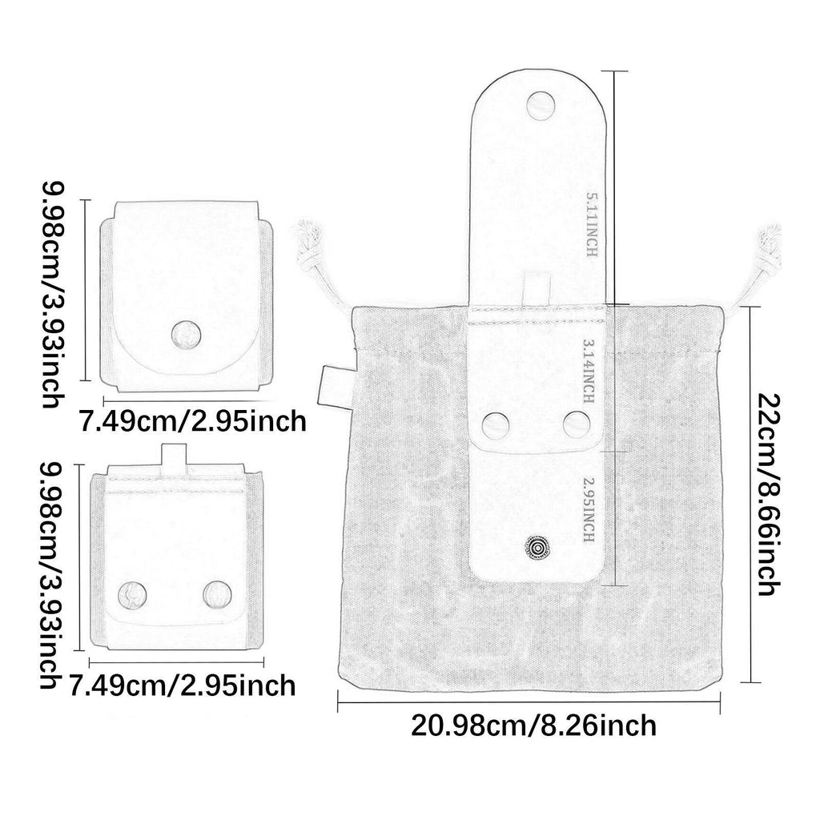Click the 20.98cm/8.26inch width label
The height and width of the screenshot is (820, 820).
[x=533, y=726]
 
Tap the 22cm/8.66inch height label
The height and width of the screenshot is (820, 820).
[x=770, y=495]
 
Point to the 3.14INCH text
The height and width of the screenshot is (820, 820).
[x=589, y=371]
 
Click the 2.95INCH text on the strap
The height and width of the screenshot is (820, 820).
[x=589, y=510]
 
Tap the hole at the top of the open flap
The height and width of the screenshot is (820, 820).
[x=541, y=105]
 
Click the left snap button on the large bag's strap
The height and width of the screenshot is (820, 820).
[x=495, y=426]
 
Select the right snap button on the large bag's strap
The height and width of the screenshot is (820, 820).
[x=577, y=424]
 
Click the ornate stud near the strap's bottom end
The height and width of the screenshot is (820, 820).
[x=535, y=548]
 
